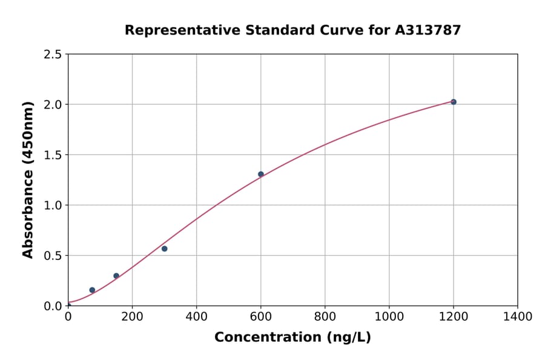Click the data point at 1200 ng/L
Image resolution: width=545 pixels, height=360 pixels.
click(453, 102)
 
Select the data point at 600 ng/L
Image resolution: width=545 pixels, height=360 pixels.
click(261, 174)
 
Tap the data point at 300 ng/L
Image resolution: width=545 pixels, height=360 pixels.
click(164, 248)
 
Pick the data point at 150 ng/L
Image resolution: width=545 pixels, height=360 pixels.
click(116, 276)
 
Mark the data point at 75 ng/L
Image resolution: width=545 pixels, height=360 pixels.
click(92, 290)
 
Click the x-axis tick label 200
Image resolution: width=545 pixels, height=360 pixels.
click(132, 316)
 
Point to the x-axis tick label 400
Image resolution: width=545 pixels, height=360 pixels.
click(196, 316)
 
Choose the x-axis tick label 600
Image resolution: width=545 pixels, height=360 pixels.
click(260, 316)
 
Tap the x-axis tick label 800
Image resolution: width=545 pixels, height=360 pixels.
click(325, 316)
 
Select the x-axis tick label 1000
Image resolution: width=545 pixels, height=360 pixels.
click(389, 316)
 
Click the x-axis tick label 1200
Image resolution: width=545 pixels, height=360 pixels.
click(453, 316)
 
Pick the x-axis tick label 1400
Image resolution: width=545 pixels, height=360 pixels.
click(517, 316)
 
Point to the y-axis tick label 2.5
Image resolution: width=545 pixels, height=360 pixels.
click(53, 55)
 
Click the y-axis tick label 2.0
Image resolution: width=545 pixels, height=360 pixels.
click(53, 105)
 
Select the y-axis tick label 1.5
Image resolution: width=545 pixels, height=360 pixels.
click(53, 155)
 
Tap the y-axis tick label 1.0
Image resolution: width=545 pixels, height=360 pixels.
click(53, 205)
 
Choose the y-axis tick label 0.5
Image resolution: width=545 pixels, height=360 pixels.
click(53, 256)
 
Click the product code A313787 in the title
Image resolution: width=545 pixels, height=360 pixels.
click(428, 30)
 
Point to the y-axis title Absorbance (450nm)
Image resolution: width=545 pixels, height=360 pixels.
click(28, 179)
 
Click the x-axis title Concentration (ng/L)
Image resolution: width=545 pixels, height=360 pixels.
click(292, 338)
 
